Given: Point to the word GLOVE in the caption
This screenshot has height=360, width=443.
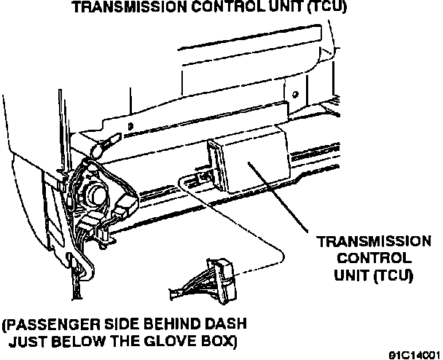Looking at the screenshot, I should (167, 340).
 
